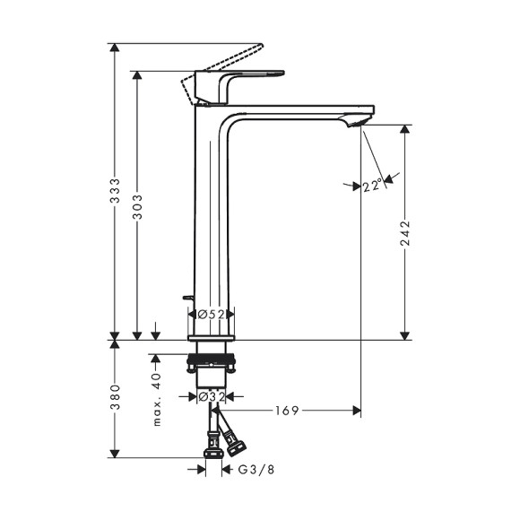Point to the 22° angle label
[373, 186]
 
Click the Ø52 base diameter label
[212, 315]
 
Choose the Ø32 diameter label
[212, 394]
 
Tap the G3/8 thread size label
[251, 470]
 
